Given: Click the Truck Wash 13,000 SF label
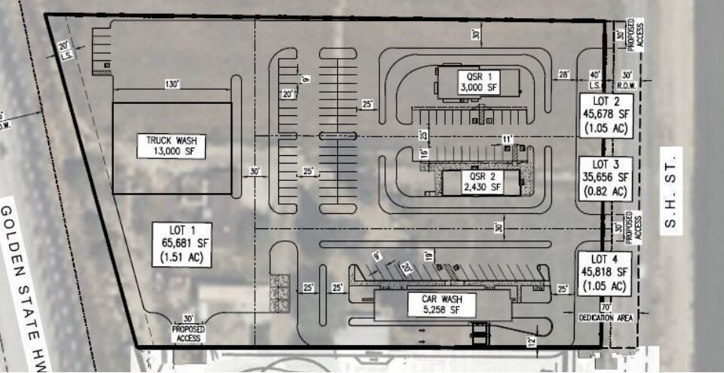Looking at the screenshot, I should click(172, 145).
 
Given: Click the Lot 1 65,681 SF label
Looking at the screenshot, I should click(182, 243).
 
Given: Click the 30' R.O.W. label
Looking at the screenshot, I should click(627, 79).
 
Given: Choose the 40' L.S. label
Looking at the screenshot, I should click(595, 79).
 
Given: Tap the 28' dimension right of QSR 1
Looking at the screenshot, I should click(563, 74).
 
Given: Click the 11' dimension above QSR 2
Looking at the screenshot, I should click(508, 139).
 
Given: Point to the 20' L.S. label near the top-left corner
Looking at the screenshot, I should click(64, 50).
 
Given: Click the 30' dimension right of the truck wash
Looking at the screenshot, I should click(254, 172).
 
